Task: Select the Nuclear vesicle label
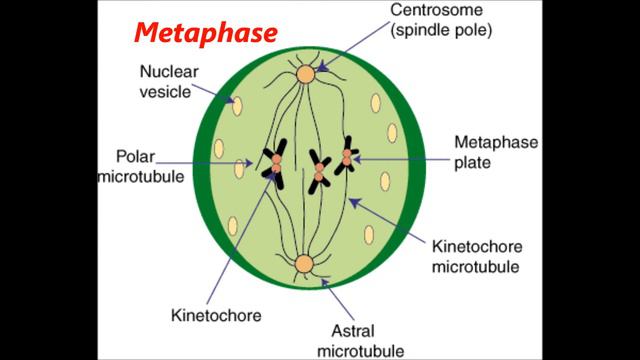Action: tap(169, 82)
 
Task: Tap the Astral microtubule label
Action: tap(361, 339)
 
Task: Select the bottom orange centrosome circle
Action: tap(304, 265)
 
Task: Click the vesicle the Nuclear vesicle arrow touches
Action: tap(237, 103)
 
